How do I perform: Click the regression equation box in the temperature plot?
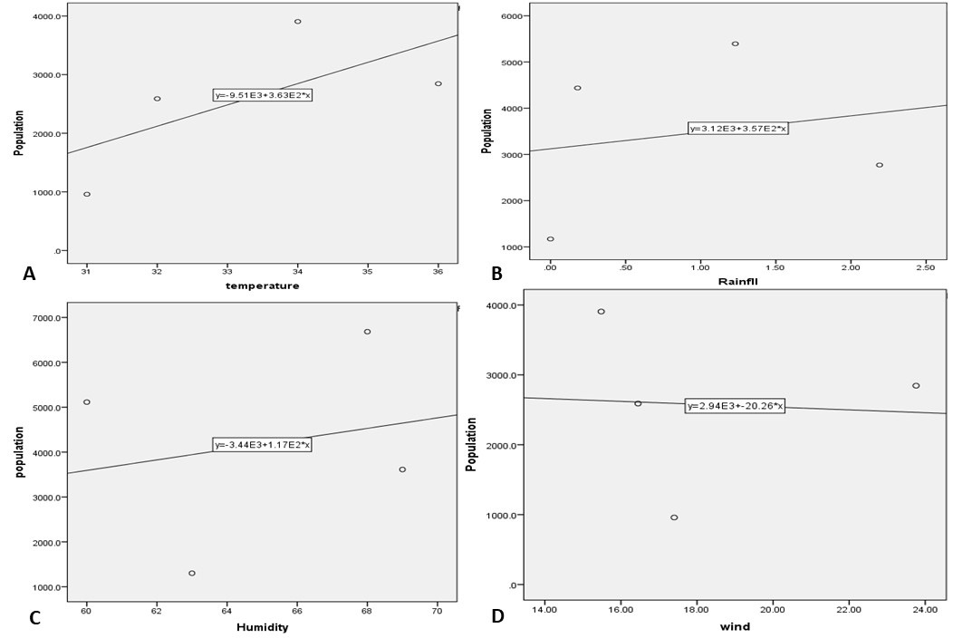click(x=263, y=95)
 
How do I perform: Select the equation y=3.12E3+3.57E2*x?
click(x=737, y=129)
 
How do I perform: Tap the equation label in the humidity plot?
click(x=262, y=445)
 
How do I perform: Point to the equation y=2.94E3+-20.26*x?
click(x=735, y=406)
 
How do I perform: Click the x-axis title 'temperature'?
click(x=262, y=285)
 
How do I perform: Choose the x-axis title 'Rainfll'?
click(x=737, y=281)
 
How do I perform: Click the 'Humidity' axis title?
click(x=263, y=628)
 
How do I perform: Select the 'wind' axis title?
click(x=736, y=626)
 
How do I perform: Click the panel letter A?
click(x=29, y=275)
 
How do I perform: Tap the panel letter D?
click(x=497, y=616)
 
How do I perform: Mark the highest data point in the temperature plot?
click(x=298, y=21)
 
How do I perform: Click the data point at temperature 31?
click(x=87, y=194)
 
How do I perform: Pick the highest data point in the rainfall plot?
click(x=735, y=43)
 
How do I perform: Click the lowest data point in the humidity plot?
click(x=192, y=573)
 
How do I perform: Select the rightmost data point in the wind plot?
click(x=916, y=385)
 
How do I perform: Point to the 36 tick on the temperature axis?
click(x=438, y=271)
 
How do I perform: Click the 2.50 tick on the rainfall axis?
click(x=926, y=267)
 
